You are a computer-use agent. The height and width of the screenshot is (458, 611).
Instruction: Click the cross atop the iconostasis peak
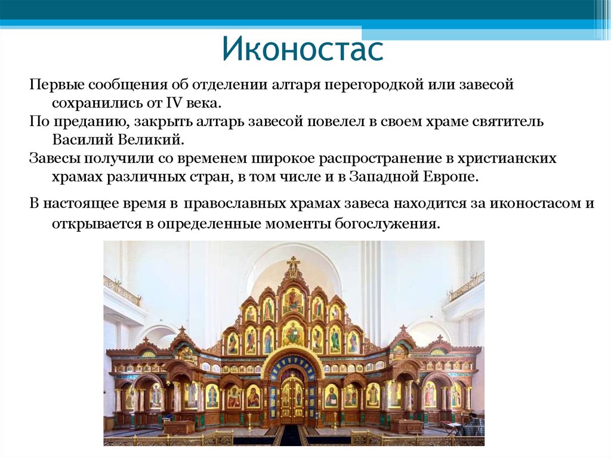pyautogui.click(x=293, y=263)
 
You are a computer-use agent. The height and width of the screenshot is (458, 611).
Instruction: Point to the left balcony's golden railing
pyautogui.click(x=122, y=290)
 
